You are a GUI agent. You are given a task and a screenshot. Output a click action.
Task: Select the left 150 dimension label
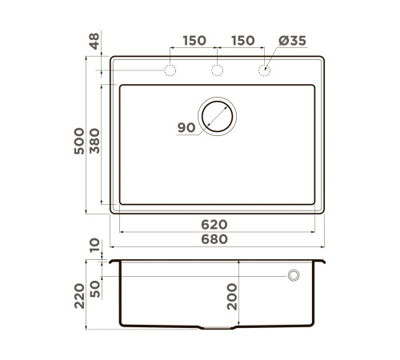[194, 41]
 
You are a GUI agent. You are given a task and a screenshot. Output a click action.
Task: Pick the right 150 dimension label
[242, 41]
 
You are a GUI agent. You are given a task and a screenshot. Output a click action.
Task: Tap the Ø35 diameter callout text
[292, 41]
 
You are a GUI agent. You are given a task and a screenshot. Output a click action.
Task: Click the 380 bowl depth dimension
[94, 142]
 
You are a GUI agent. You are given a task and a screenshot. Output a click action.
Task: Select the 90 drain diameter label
[186, 127]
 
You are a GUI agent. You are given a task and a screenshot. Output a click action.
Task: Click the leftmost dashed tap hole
[170, 71]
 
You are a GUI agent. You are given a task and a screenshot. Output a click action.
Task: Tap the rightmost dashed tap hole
[265, 71]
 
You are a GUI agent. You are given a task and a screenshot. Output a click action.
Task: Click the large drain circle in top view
[217, 116]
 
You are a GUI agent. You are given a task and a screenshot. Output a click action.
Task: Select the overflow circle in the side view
[294, 274]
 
